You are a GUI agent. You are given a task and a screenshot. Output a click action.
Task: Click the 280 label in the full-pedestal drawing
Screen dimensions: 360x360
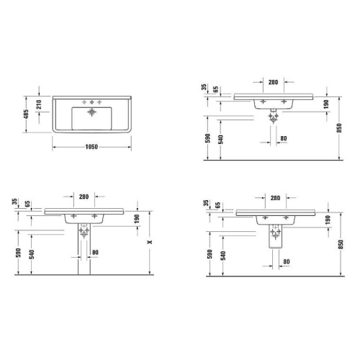click(85, 196)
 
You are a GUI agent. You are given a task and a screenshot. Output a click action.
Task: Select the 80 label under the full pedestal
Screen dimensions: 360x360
click(94, 251)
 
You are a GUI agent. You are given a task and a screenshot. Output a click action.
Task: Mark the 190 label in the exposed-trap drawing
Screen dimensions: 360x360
click(328, 105)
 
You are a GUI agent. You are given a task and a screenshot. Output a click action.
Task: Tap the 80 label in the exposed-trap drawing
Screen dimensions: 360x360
click(283, 138)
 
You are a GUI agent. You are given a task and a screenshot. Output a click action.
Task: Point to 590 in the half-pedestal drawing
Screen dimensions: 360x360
click(210, 253)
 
